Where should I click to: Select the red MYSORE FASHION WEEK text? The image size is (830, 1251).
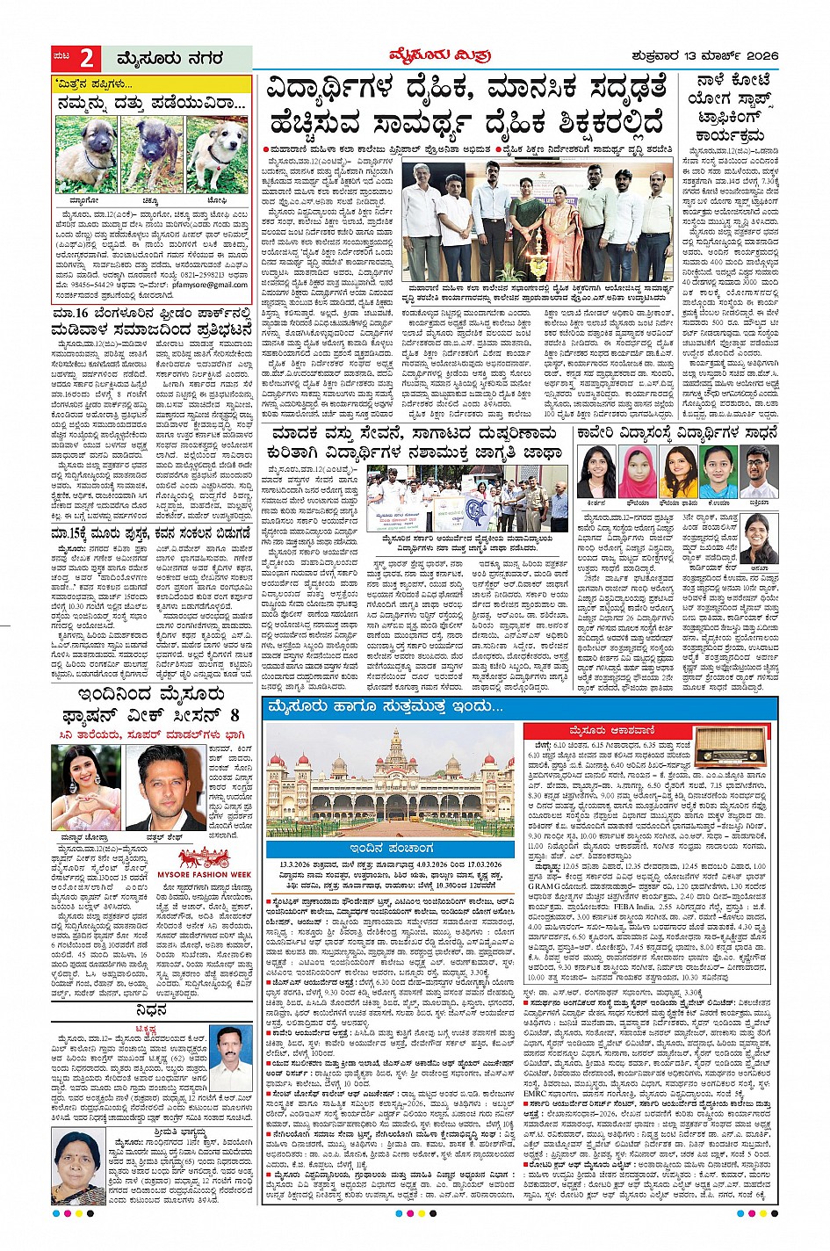[204, 874]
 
